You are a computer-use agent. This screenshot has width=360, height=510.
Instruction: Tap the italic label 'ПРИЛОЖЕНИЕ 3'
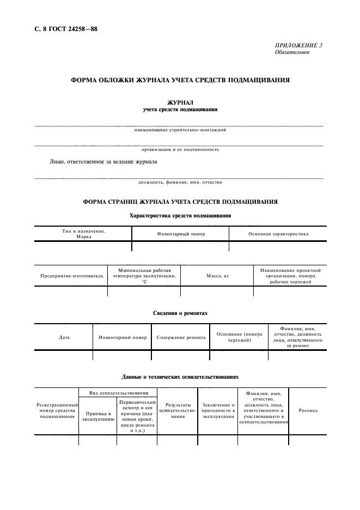(298, 46)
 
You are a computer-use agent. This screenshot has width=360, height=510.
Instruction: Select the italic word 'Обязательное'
(292, 52)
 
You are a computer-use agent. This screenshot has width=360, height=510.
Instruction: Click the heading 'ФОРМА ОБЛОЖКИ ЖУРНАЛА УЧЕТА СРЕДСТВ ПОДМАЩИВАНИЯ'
(180, 80)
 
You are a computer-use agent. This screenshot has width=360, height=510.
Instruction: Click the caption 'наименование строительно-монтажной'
(180, 130)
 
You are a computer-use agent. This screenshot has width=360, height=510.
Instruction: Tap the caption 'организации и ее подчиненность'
(180, 149)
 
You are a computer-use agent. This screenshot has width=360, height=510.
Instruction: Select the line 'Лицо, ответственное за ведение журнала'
(103, 162)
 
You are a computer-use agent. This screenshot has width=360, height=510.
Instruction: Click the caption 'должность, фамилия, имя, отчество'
(180, 183)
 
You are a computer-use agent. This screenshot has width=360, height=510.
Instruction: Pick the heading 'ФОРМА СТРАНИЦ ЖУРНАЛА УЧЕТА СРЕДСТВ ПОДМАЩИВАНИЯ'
(180, 202)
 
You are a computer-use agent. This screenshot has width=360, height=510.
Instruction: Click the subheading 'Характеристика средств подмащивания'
(180, 216)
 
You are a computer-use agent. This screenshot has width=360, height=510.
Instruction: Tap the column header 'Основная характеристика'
(278, 234)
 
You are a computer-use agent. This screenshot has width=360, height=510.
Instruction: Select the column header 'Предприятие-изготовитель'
(71, 276)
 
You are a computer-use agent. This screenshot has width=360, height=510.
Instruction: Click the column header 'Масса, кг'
(217, 276)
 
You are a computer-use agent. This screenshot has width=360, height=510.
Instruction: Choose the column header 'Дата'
(64, 337)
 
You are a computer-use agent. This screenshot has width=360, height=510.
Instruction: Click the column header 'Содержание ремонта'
(181, 337)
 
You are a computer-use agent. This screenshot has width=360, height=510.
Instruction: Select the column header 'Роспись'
(308, 410)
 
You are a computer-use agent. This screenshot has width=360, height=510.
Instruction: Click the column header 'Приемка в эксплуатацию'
(98, 417)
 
